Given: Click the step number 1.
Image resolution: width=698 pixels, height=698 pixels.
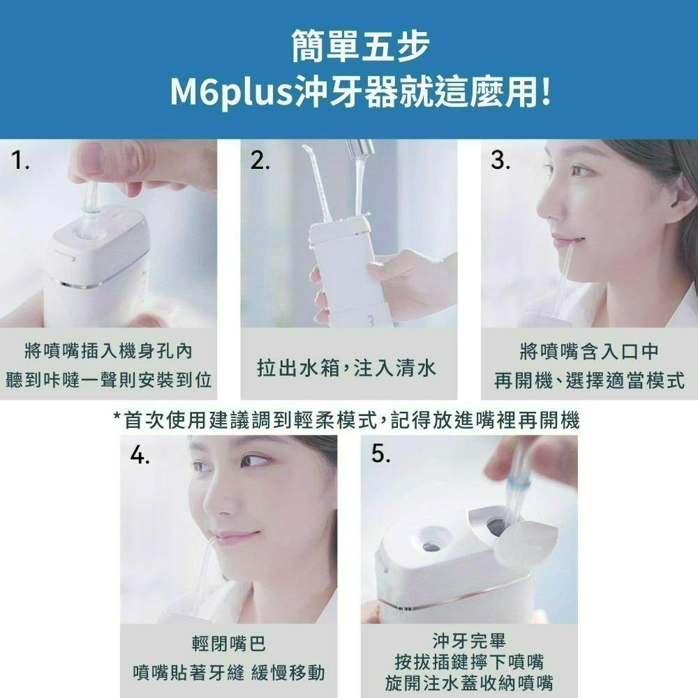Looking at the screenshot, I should coord(22,163).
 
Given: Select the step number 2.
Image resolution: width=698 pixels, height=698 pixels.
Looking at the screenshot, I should coord(260,163).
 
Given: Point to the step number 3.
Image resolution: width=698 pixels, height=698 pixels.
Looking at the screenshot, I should coord(500,163).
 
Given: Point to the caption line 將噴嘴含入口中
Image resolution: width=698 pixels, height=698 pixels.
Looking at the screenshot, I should coord(589,352).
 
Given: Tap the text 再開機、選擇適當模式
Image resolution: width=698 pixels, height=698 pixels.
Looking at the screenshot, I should coord(589,381).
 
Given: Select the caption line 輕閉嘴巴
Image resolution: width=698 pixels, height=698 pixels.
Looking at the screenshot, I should coord(228,644).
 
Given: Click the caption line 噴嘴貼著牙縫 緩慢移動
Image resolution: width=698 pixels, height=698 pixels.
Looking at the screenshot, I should coord(228,673).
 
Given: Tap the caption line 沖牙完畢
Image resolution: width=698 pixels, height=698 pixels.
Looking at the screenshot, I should coord(468,640).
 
